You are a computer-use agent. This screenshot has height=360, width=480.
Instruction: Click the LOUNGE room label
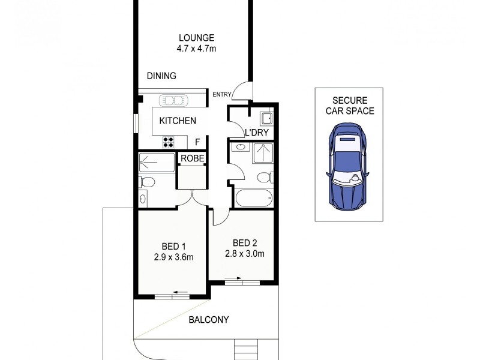tap(191, 38)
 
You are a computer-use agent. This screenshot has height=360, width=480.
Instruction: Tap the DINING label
tap(161, 76)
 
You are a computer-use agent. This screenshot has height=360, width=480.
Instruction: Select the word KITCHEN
tap(178, 121)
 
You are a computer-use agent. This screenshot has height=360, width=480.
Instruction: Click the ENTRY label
tap(221, 94)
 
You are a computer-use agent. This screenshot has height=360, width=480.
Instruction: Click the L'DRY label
tap(256, 133)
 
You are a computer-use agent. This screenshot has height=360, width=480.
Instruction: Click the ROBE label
tap(193, 158)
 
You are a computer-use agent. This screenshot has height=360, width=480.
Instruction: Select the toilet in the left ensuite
tap(146, 182)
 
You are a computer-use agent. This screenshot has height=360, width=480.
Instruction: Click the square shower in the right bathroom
tap(263, 154)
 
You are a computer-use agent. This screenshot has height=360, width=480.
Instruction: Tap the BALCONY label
tap(209, 320)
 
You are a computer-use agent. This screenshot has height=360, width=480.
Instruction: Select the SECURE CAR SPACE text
tap(350, 106)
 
